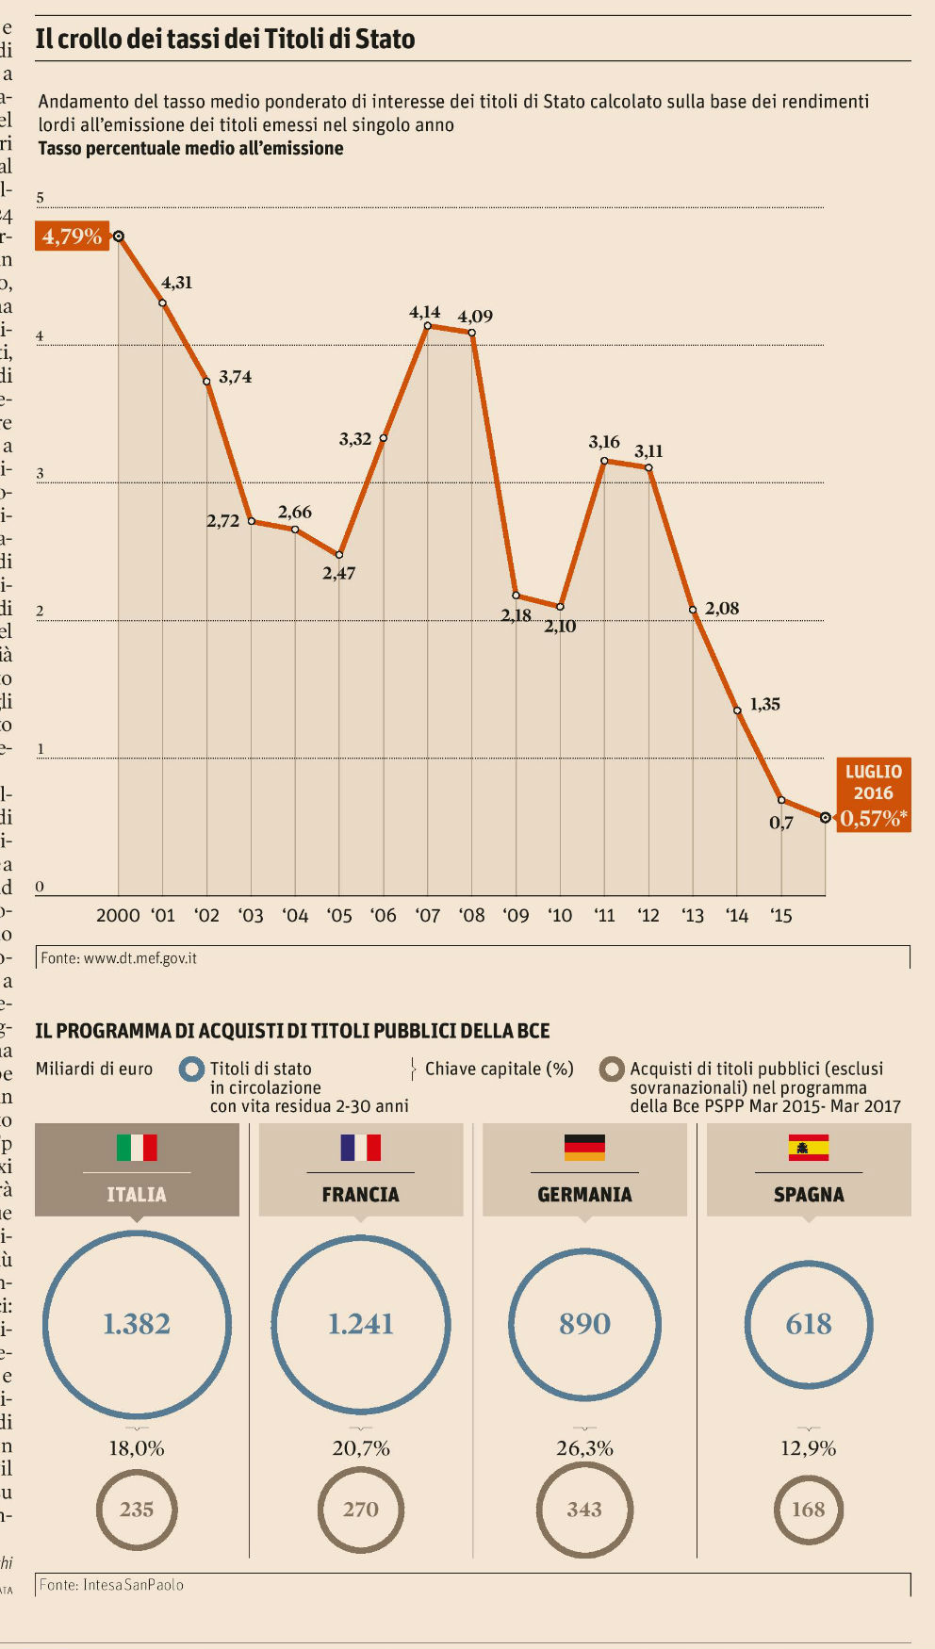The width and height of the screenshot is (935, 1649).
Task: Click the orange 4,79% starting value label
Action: tap(73, 236)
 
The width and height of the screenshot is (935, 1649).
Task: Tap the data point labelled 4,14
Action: tap(428, 326)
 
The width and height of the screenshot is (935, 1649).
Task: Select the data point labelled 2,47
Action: tap(339, 555)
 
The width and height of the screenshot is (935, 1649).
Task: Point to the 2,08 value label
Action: tap(722, 609)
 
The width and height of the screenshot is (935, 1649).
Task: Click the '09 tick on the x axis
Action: tap(516, 915)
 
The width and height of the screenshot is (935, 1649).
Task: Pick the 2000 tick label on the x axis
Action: tap(118, 915)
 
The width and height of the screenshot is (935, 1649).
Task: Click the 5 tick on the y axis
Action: tap(41, 198)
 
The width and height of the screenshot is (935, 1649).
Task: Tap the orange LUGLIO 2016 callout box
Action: tap(874, 795)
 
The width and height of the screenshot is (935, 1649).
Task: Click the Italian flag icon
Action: tap(137, 1147)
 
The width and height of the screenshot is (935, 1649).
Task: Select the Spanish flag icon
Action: tap(809, 1147)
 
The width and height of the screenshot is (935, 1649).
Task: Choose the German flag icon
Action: tap(584, 1147)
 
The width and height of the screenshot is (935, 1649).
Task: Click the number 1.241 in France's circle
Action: tap(361, 1324)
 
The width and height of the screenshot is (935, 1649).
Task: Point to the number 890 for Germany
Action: tap(584, 1324)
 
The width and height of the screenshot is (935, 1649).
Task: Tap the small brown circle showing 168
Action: tap(809, 1510)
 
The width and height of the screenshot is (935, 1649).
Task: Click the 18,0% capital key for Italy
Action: tap(137, 1448)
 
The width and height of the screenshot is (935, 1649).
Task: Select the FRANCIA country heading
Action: tap(361, 1195)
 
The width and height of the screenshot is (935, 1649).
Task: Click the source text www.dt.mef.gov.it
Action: tap(140, 958)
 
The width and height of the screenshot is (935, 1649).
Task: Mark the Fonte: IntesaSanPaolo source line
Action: tap(111, 1585)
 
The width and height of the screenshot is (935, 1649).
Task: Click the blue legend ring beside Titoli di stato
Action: tap(192, 1069)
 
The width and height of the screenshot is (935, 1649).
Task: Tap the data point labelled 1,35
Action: tap(737, 710)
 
